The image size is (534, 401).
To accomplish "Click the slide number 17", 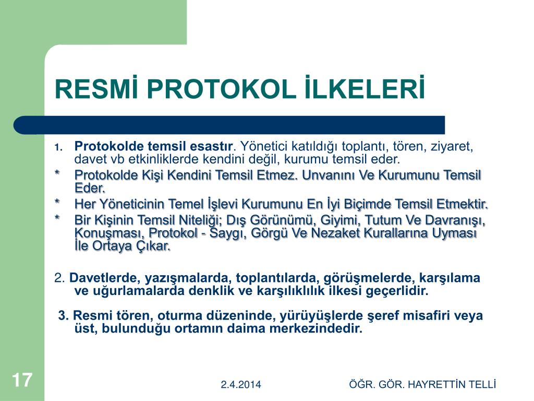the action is pyautogui.click(x=22, y=380).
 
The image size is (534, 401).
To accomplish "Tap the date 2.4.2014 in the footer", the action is pyautogui.click(x=241, y=385).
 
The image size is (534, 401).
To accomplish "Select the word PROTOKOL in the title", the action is pyautogui.click(x=221, y=89).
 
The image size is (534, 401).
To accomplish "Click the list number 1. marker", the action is pyautogui.click(x=58, y=147).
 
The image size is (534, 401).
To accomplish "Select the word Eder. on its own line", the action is pyautogui.click(x=90, y=188).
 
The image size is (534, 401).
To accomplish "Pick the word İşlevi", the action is pyautogui.click(x=222, y=204).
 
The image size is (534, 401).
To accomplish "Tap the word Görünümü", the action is pyautogui.click(x=279, y=220).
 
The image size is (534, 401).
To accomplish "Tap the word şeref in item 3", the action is pyautogui.click(x=383, y=316).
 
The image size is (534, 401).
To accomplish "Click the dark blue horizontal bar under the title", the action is pyautogui.click(x=229, y=125).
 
